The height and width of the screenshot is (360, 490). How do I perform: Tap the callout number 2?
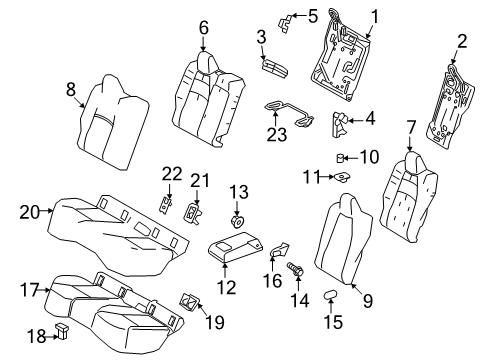click(x=461, y=41)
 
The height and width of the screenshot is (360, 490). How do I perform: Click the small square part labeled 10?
click(x=343, y=157)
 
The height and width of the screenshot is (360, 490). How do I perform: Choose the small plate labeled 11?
click(x=343, y=177)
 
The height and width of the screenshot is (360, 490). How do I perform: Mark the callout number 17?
click(x=27, y=290)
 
